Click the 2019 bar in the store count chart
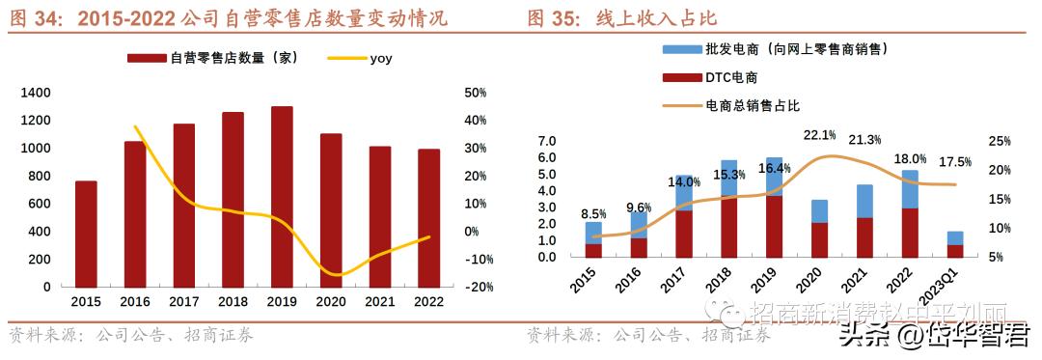click(282, 197)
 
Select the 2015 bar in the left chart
click(86, 234)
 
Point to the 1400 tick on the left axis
click(35, 93)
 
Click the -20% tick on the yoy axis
click(480, 288)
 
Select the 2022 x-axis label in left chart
click(428, 302)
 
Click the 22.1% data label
click(819, 135)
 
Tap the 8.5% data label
click(594, 214)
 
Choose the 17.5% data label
click(955, 162)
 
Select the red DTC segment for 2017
click(683, 235)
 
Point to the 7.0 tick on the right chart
click(545, 141)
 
